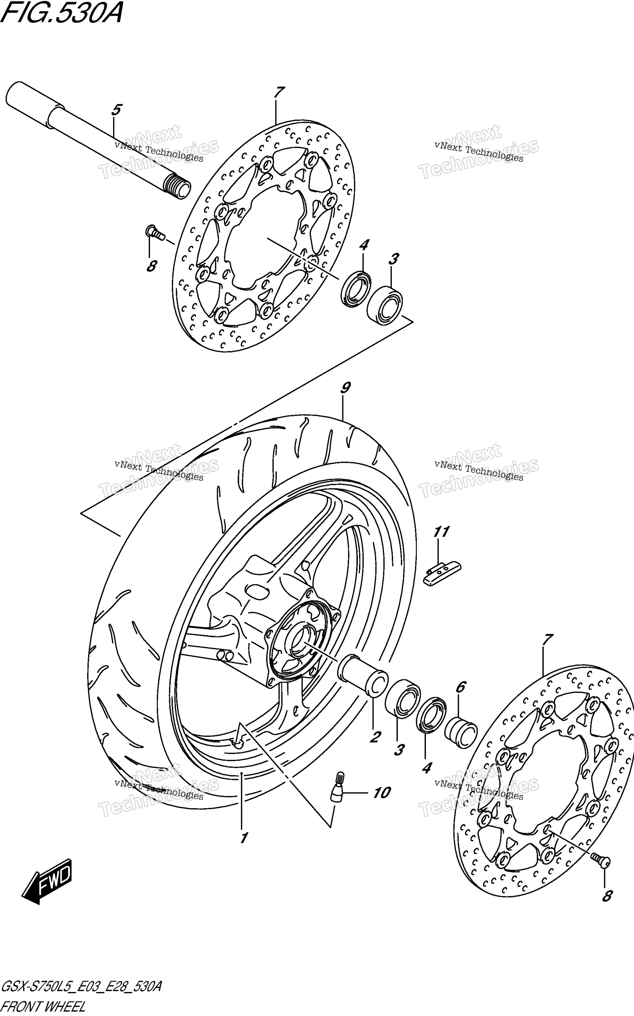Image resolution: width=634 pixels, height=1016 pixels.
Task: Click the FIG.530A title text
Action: coord(62,13)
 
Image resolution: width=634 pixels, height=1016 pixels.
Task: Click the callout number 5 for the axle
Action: coord(116,110)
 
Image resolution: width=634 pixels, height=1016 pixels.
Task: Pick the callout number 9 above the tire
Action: coord(345,388)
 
